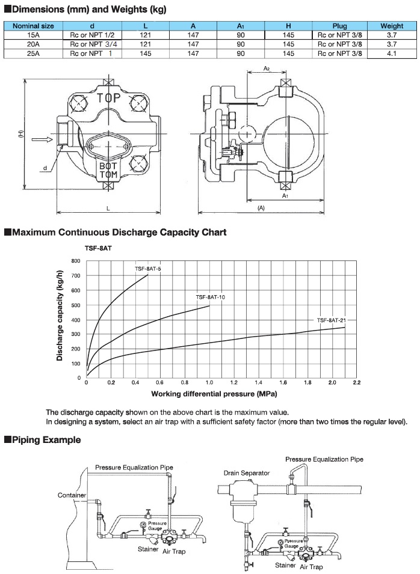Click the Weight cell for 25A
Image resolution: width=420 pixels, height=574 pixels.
tap(392, 53)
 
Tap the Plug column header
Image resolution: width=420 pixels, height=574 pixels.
tap(340, 26)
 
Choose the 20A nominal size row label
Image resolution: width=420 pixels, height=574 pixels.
tap(32, 44)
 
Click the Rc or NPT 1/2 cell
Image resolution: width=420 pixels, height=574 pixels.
tap(92, 35)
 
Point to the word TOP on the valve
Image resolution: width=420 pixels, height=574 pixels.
tap(108, 97)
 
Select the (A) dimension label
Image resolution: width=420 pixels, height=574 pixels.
tap(261, 208)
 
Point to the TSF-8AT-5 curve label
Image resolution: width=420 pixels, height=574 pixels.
tap(148, 269)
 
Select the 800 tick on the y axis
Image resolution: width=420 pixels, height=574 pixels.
tap(76, 261)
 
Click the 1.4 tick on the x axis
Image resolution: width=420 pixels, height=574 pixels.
tap(258, 382)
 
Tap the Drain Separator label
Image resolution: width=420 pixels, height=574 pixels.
tap(247, 472)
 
